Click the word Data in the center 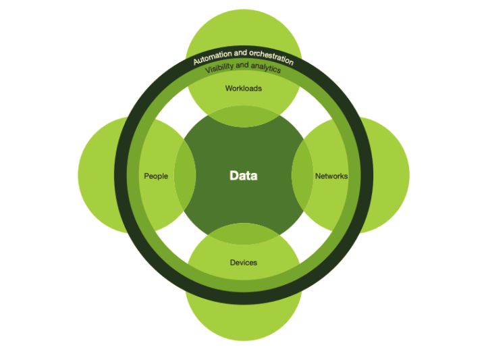[243, 176]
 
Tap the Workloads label [243, 88]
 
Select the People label [156, 176]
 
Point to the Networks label [331, 176]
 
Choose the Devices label [243, 263]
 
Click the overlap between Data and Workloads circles [243, 116]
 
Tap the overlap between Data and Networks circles [302, 176]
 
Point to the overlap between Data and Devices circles [243, 234]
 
